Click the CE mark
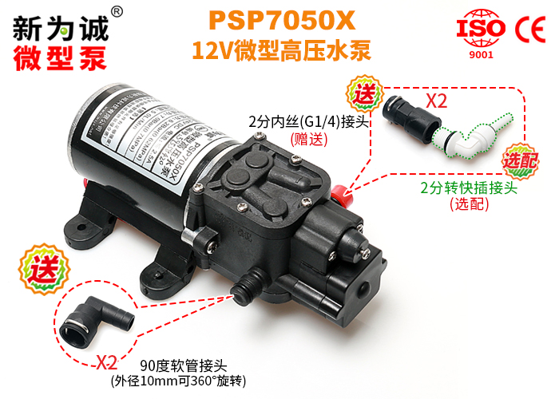(x=530, y=27)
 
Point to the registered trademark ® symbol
(x=117, y=11)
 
